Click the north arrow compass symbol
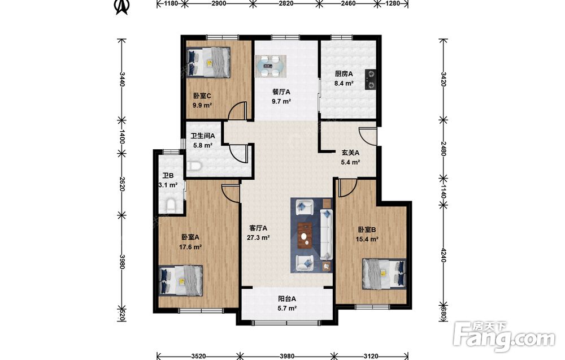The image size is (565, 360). (122, 6)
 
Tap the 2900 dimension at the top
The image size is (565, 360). (219, 3)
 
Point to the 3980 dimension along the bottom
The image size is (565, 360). (287, 357)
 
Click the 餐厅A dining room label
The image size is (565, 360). (281, 92)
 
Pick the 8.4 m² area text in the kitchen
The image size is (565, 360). (344, 83)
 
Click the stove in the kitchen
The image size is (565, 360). (371, 79)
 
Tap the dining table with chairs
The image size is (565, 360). (271, 66)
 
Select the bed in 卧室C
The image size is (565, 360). (208, 62)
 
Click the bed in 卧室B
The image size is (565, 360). (384, 274)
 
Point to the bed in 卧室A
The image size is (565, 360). (181, 280)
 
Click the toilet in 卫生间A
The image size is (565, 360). (194, 166)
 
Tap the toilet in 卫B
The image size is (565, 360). (171, 205)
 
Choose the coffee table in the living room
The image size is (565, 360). (306, 236)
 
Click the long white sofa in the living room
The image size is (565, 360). (326, 234)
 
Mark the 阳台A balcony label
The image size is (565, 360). (287, 299)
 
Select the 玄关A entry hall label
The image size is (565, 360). (350, 153)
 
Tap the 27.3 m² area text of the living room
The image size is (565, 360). (258, 238)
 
